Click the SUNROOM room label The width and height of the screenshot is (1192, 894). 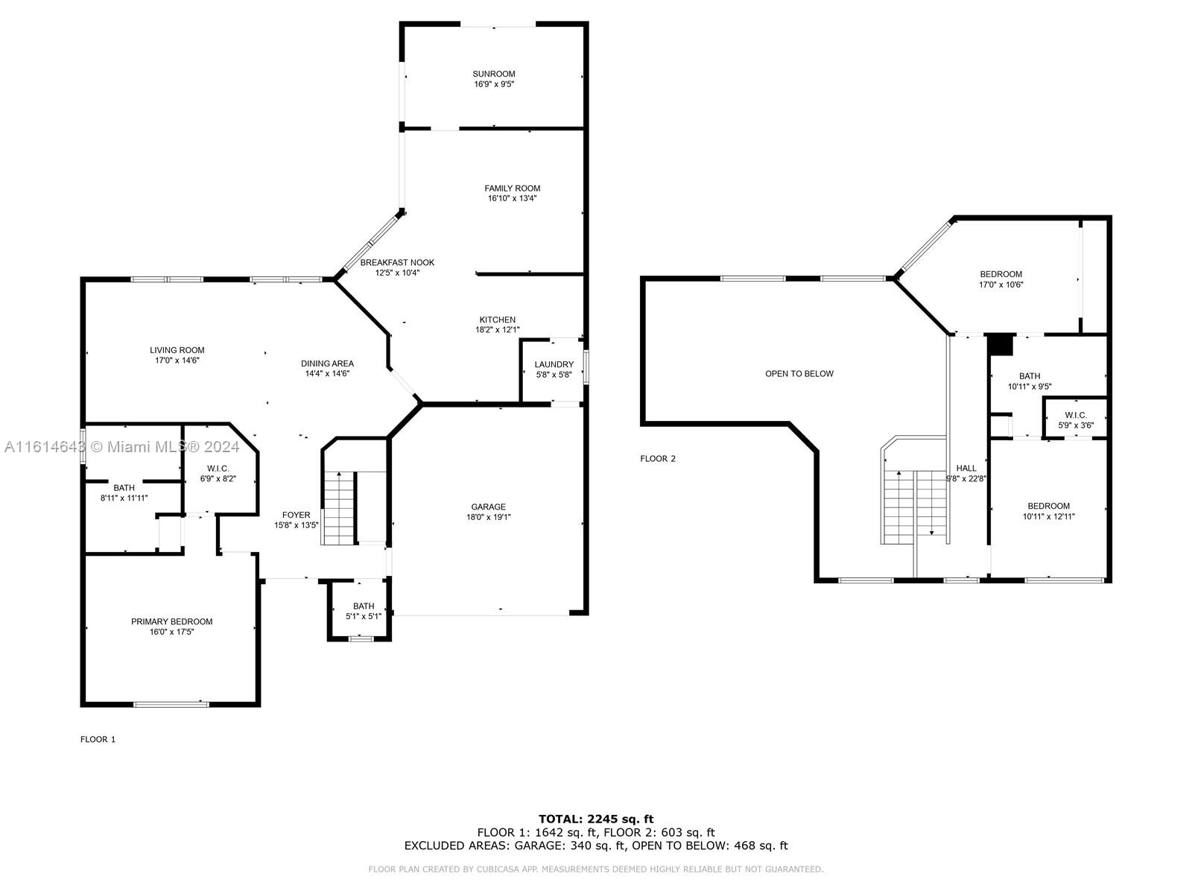(493, 74)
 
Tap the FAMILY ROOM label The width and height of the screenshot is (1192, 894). (512, 188)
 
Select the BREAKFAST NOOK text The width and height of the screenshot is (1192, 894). (397, 263)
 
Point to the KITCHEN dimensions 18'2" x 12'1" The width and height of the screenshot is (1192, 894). (497, 329)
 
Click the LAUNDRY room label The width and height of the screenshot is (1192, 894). (554, 364)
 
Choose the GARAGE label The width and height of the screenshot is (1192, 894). (488, 507)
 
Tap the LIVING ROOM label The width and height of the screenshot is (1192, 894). (177, 350)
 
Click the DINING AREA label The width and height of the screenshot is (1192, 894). (327, 363)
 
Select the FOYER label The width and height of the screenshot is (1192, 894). (296, 515)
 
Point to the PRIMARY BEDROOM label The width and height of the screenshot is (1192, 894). (171, 621)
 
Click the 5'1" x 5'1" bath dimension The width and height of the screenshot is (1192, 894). (364, 616)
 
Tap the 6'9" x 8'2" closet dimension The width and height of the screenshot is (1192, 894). (218, 479)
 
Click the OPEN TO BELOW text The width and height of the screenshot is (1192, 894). (799, 373)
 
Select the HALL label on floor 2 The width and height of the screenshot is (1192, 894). (966, 468)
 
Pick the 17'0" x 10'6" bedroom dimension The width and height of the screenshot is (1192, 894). (1001, 285)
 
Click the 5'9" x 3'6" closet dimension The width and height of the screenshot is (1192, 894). (1075, 425)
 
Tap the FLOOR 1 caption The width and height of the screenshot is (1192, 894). (98, 739)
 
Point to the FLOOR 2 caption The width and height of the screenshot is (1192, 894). (658, 459)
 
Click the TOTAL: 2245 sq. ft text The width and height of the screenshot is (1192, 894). (596, 819)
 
